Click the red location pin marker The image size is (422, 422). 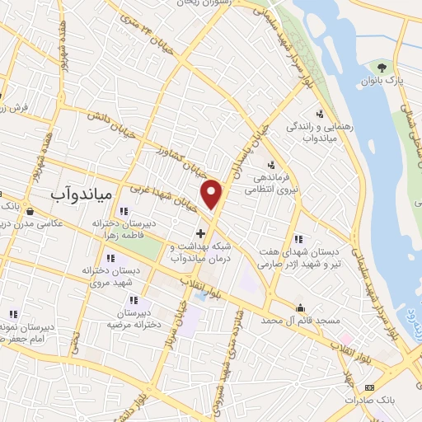coord(213,195)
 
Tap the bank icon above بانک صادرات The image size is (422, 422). coord(368,387)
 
